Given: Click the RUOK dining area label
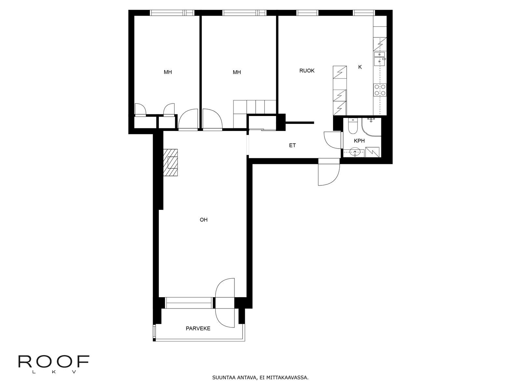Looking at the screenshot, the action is coord(307,70).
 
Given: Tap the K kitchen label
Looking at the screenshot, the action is coord(360,67).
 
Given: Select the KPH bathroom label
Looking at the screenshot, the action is coord(359,141).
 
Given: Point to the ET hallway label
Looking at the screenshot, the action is coord(292,145).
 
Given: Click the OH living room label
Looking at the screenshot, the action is coord(204,220).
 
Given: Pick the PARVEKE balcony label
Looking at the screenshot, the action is coord(198,328).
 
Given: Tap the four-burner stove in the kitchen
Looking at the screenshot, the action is coord(380,90).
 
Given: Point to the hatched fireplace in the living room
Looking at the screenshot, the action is coord(170,162).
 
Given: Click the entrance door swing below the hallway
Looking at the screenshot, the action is coord(329,175).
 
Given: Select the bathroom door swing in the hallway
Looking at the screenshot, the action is coord(332,140).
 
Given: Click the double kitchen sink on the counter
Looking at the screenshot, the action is coord(379,58).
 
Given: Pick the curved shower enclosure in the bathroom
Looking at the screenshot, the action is coord(371,127).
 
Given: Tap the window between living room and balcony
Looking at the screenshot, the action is coord(189,303).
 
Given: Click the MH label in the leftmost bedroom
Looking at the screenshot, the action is coord(168,72).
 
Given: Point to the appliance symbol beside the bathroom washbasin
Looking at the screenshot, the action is coord(372,152).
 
